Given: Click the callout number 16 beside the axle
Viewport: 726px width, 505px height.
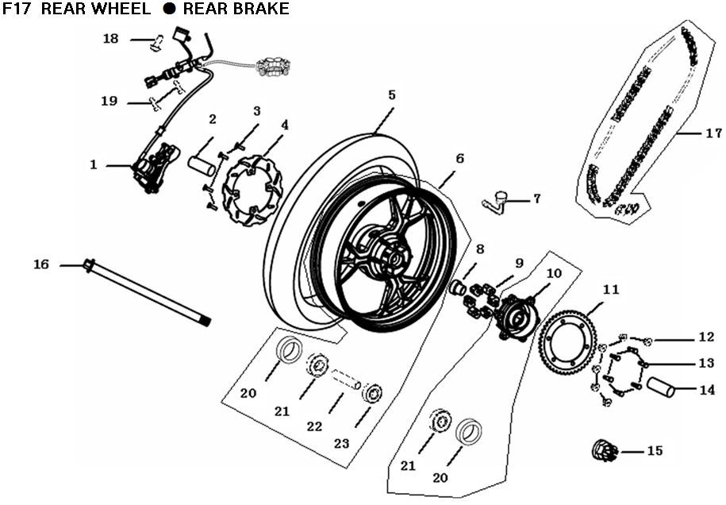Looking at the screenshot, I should (x=41, y=264).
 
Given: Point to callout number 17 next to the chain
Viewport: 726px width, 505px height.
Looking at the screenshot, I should (x=713, y=133).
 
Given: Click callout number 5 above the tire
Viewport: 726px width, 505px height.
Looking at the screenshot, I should (x=392, y=94).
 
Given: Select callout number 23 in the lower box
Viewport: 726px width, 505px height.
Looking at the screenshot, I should (x=341, y=444).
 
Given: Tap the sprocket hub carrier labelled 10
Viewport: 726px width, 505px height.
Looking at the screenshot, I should (x=512, y=312).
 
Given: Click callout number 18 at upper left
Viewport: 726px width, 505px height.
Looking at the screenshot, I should (x=110, y=38).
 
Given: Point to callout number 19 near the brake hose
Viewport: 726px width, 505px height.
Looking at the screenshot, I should (x=109, y=101).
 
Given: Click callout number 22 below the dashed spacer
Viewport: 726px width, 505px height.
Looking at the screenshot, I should (x=315, y=426).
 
